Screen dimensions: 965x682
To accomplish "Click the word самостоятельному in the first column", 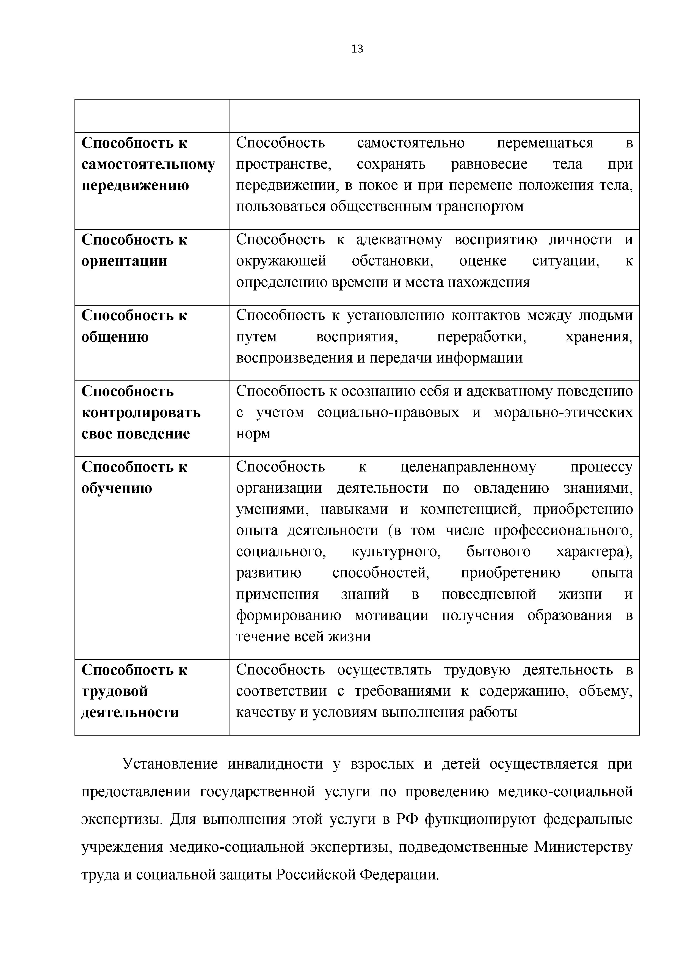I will click(x=148, y=164).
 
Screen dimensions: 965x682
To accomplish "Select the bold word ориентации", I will click(x=124, y=261).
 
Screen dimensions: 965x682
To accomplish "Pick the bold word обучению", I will click(x=117, y=488).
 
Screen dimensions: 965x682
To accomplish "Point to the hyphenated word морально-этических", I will click(x=563, y=413).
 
